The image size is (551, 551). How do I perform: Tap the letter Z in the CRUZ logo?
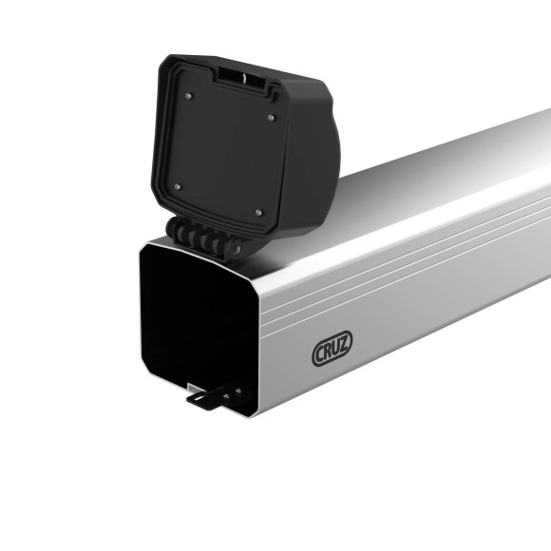click(344, 347)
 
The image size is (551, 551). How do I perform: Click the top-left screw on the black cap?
click(188, 95)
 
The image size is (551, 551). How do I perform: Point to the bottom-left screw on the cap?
click(176, 187)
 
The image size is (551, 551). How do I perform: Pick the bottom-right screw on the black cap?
click(258, 212)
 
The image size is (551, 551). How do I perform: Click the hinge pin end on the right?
click(234, 248)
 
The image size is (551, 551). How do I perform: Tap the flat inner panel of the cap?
click(224, 152)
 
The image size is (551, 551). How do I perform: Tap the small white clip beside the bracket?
click(193, 387)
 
